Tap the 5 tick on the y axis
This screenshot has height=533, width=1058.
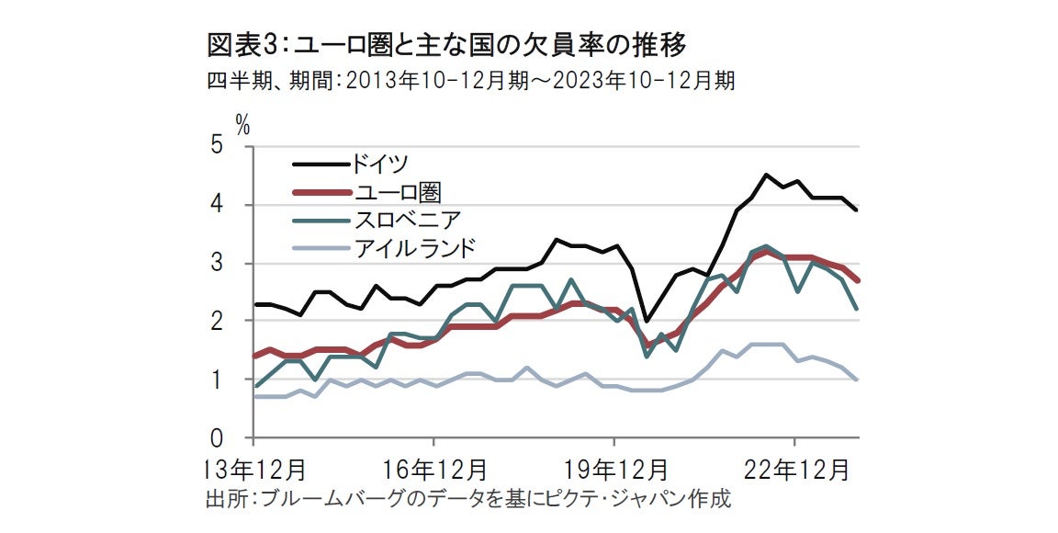[x=217, y=146]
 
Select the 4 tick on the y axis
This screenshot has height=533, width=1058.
[x=217, y=205]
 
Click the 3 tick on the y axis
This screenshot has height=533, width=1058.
[x=217, y=264]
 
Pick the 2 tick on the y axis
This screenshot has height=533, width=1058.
[x=217, y=322]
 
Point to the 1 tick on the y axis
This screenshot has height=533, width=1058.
[x=217, y=380]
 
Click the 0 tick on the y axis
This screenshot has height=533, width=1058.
[x=217, y=437]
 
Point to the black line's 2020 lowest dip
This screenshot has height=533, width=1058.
[x=646, y=322]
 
